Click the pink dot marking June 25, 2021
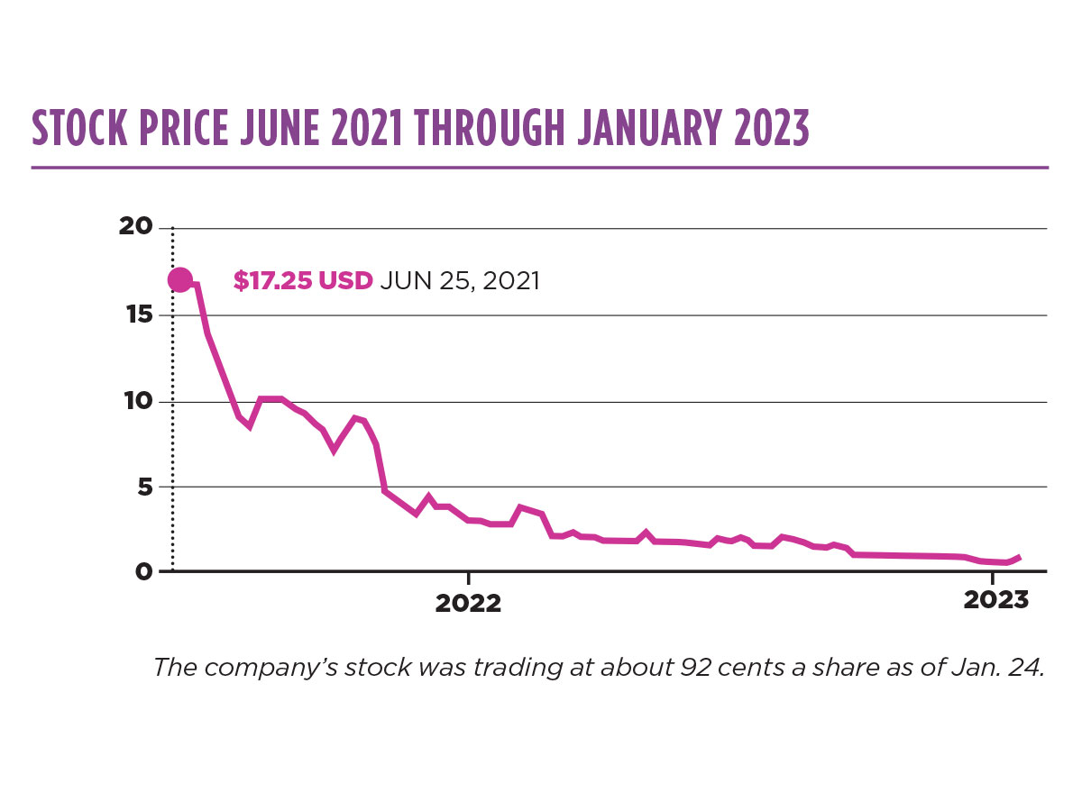coord(179,280)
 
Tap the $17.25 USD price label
coord(302,281)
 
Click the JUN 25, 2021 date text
coord(460,281)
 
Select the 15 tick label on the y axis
coord(137,315)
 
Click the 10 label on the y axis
coord(137,401)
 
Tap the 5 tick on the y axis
coord(144,487)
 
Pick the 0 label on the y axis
coord(144,571)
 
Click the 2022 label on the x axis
coord(468,604)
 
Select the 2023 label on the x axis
coord(995,600)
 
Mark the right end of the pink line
coord(1019,557)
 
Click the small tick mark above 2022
coord(468,577)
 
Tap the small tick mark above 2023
coord(993,577)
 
